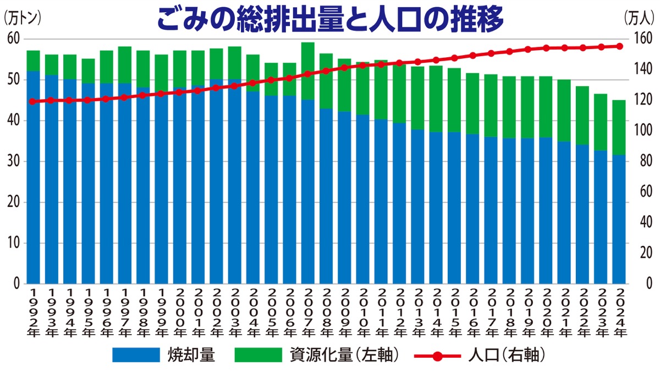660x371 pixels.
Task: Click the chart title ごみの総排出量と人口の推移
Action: (x=330, y=19)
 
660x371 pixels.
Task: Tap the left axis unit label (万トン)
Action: (x=22, y=17)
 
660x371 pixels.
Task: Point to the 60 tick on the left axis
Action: (x=13, y=39)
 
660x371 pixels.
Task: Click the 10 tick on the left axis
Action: (x=13, y=243)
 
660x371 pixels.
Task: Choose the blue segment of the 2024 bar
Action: (x=619, y=220)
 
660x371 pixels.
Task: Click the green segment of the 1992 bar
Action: (x=33, y=61)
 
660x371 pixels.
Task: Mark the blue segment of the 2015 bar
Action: (x=454, y=209)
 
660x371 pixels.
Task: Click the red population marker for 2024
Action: (x=619, y=46)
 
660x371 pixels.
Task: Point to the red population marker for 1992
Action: (x=33, y=101)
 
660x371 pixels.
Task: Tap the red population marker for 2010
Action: (x=363, y=66)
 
